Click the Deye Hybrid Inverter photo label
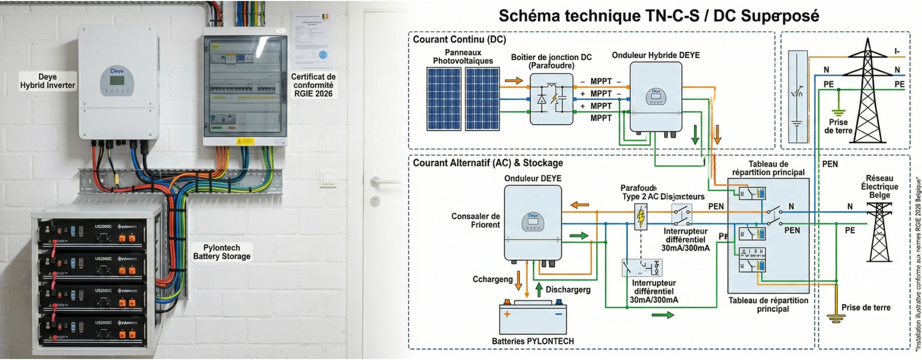pos(48,81)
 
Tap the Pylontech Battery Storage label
pos(221,252)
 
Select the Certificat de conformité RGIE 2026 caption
pos(313,85)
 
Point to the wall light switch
pos(329,179)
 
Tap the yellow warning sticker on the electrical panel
pos(245,141)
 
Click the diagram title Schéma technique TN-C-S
pos(658,16)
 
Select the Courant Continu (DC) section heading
pos(459,39)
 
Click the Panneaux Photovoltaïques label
pos(462,57)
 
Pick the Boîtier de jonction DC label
pos(551,61)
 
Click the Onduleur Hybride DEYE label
pos(655,55)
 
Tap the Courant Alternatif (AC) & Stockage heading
pos(488,163)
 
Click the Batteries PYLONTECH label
pos(533,341)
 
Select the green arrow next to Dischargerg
pos(539,289)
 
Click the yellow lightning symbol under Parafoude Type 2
pos(641,217)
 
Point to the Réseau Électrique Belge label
pos(879,187)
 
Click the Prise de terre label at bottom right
pos(865,308)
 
